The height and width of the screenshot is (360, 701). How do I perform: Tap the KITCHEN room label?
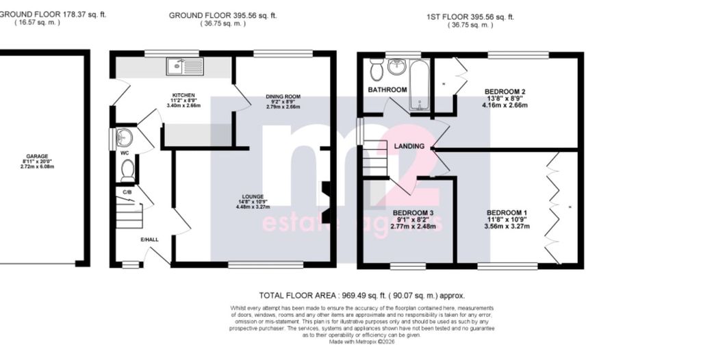[183, 95]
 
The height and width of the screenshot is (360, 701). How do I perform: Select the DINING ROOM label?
[283, 97]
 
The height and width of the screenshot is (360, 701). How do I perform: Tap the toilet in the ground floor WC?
[128, 170]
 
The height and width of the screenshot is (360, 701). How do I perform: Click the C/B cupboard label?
[127, 192]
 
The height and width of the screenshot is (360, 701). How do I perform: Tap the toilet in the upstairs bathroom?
[376, 70]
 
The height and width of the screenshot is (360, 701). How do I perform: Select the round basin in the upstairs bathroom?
[396, 67]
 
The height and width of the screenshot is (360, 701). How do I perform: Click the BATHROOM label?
[387, 90]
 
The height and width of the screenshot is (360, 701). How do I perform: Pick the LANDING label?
[409, 146]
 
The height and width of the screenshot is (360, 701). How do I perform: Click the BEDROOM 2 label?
[505, 91]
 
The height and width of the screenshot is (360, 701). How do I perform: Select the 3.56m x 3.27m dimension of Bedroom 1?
[507, 226]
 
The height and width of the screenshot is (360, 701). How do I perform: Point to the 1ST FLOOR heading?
[470, 16]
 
